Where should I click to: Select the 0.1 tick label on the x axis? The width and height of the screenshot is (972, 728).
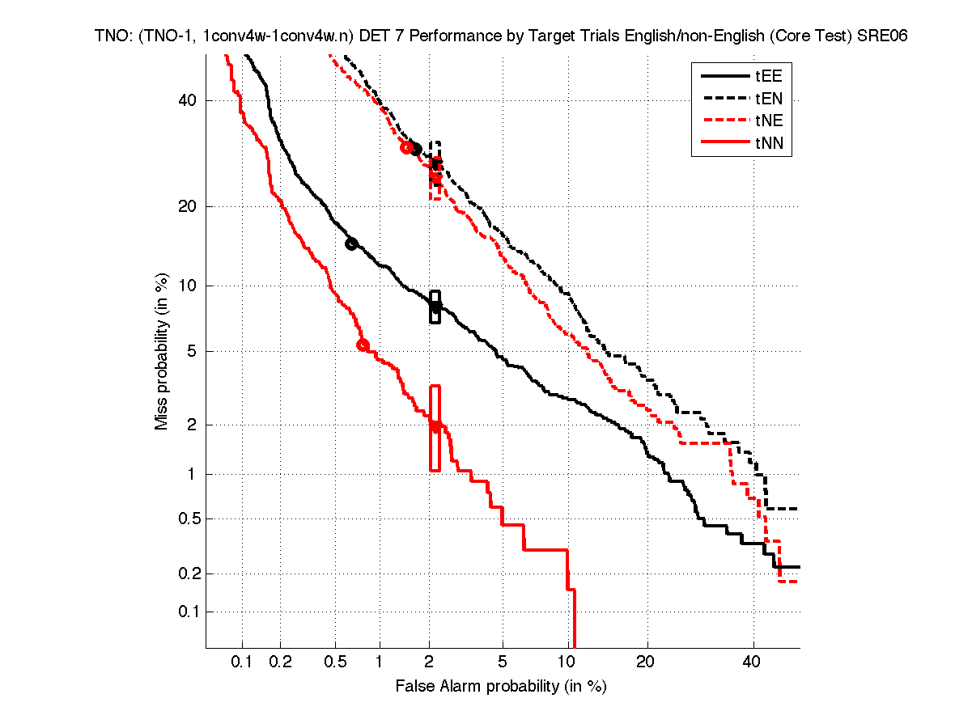(243, 662)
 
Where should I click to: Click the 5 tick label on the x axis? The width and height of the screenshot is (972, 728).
(503, 662)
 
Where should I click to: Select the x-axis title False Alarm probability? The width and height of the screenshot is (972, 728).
(501, 687)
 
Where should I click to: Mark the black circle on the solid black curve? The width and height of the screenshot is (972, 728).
(351, 243)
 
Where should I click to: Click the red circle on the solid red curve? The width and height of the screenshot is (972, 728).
(363, 345)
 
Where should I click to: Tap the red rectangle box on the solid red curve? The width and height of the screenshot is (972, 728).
(435, 428)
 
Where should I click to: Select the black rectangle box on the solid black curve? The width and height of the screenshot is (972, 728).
(435, 307)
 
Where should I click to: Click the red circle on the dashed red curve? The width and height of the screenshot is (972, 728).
(406, 147)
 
